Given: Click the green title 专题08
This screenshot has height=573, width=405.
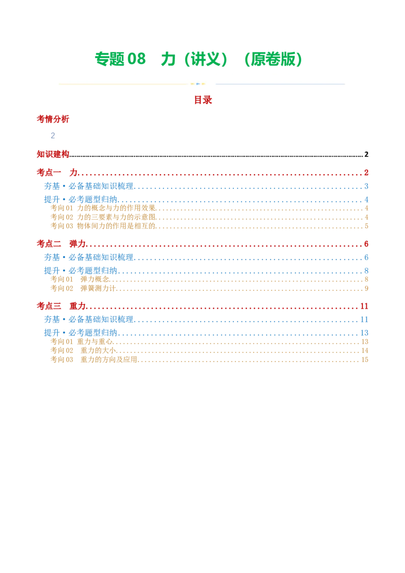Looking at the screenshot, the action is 120,59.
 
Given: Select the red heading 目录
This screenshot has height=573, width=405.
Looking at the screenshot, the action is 203,100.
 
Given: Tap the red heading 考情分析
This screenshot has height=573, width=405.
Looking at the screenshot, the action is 53,119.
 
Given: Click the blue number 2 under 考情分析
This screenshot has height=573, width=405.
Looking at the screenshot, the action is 53,136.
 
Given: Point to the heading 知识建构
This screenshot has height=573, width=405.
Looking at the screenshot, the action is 53,154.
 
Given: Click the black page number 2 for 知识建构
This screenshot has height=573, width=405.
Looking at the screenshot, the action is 366,154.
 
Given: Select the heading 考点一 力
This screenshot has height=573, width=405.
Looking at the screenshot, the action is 57,173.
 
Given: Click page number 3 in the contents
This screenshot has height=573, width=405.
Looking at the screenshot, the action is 366,186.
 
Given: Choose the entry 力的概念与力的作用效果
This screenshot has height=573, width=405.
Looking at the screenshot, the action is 116,208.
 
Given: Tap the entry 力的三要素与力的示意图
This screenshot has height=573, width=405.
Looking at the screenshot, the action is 116,217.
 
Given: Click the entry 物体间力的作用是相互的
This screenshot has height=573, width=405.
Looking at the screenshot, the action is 116,226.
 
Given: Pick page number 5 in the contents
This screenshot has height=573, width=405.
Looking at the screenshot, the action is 366,226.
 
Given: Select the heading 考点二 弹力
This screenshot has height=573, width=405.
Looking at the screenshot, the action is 61,244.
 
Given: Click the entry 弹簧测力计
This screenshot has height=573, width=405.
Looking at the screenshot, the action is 98,289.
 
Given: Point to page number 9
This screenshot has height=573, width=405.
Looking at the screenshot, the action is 366,289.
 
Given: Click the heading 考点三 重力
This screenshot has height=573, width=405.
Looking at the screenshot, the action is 61,306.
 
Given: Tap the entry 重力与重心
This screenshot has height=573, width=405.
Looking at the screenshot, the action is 95,342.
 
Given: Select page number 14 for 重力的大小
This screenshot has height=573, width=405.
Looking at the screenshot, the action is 365,351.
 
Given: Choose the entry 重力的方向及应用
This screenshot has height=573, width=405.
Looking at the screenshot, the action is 108,359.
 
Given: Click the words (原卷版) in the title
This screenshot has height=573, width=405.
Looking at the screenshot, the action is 273,59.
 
